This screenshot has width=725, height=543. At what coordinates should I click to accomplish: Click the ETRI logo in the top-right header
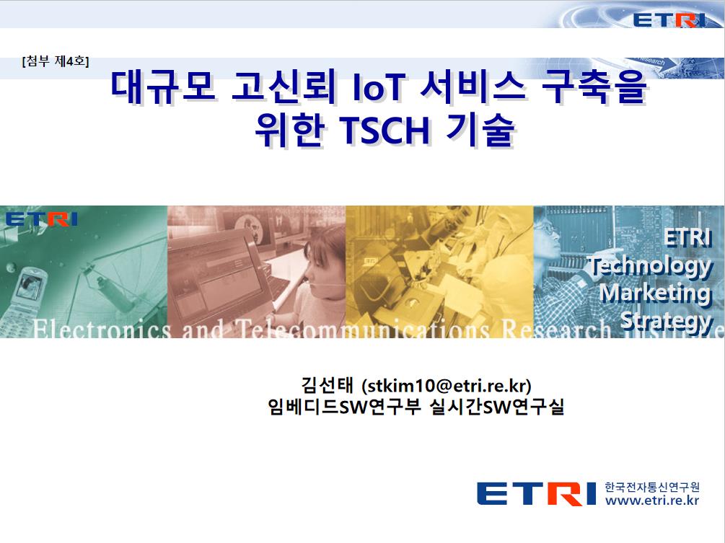pos(669,19)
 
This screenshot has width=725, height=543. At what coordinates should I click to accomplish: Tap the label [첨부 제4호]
pos(55,61)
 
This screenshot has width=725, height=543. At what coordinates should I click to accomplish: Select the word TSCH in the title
pos(385,131)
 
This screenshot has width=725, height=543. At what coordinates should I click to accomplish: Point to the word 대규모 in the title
pos(164,87)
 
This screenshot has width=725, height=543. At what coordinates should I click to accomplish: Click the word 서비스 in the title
pos(473,87)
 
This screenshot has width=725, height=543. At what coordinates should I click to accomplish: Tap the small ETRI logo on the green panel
pos(42,219)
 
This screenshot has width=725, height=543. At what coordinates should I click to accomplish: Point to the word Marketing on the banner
pos(655,293)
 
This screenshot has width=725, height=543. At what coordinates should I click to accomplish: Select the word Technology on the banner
pos(650,267)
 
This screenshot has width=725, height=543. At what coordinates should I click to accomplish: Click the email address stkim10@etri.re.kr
pos(447,385)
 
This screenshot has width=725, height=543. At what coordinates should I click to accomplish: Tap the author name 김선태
pos(328,385)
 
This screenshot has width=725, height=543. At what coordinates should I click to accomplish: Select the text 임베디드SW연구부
pos(344,407)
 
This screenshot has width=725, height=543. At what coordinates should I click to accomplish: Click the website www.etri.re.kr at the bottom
pos(652,500)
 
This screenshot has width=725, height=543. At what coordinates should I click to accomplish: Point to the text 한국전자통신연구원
pos(652,487)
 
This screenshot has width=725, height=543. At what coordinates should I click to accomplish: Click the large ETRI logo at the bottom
pos(536,493)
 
